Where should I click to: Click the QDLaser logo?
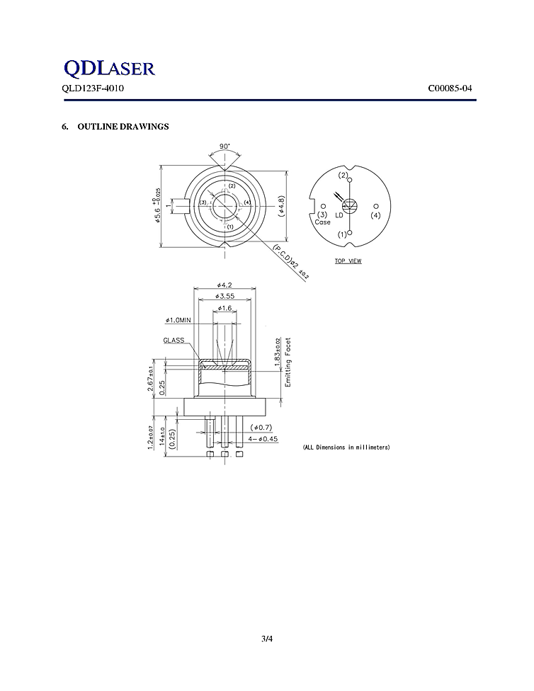coord(108,68)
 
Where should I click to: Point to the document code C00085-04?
coord(450,89)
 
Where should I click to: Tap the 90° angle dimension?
coord(225,146)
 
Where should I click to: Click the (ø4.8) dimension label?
coord(281,205)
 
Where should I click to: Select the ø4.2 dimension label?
coord(225,285)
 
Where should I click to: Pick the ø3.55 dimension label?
coord(225,296)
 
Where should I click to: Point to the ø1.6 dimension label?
coord(225,309)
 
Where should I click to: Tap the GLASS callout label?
coord(174,341)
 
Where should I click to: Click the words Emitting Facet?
coord(288,362)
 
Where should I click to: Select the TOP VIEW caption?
coord(348,261)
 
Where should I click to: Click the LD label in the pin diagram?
coord(339,215)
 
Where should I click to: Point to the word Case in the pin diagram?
coord(322,222)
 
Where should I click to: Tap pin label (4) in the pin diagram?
coord(375,215)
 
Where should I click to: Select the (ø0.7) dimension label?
coord(261,428)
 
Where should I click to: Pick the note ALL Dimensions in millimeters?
coord(346,447)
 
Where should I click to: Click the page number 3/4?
coord(267,639)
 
